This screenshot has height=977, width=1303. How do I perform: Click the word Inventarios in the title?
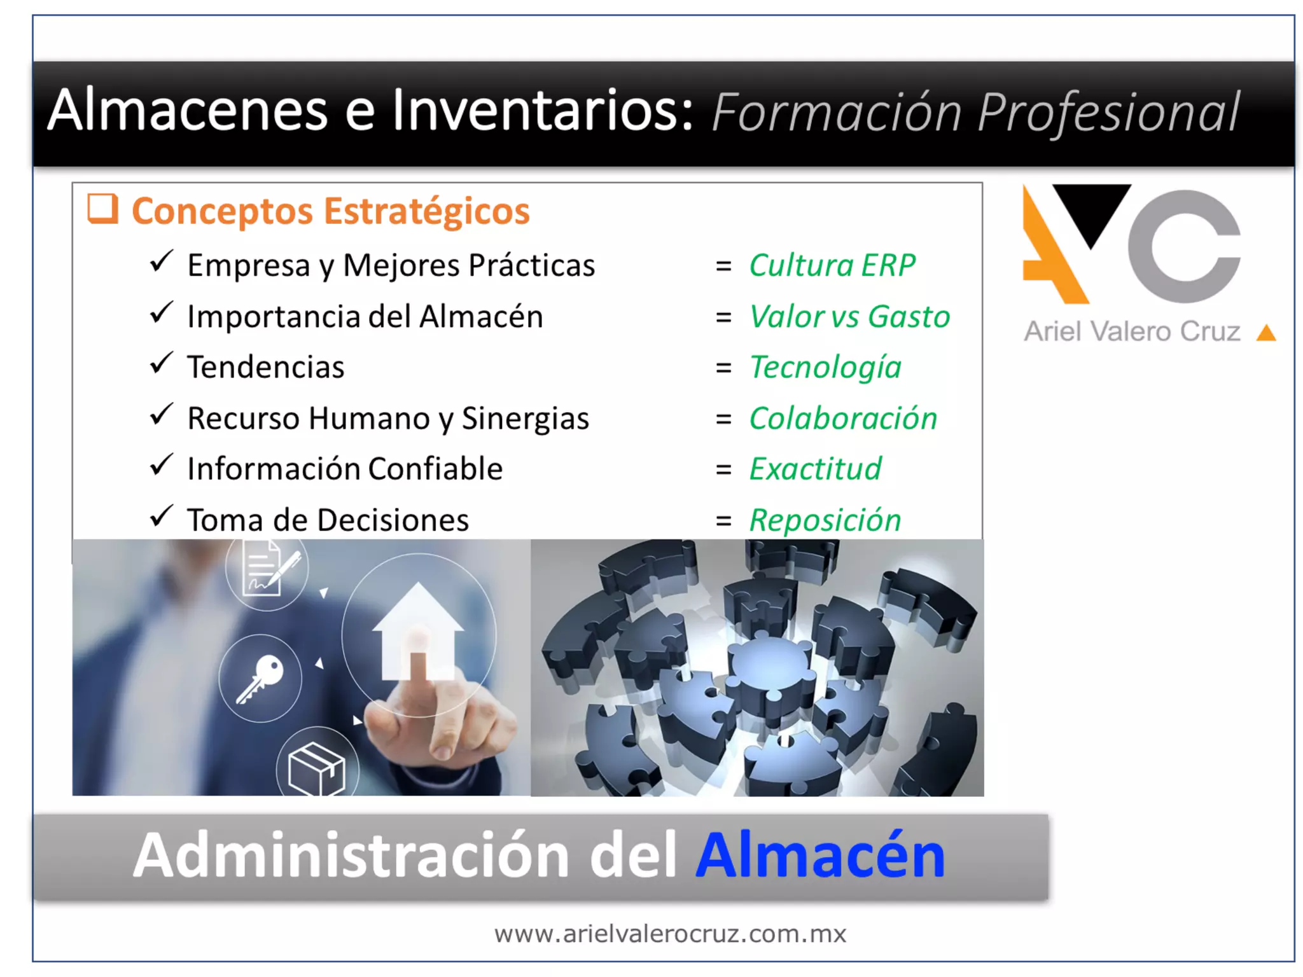(541, 111)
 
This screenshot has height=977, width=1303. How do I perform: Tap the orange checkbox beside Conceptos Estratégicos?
(102, 209)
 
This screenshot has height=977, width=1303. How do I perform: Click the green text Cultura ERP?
(832, 265)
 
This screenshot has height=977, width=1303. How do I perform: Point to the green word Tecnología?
(825, 367)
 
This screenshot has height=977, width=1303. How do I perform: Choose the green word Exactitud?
(815, 469)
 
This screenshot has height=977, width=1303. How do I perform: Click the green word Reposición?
(825, 520)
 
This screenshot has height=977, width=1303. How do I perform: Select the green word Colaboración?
(843, 418)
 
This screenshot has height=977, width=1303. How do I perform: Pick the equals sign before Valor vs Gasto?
(723, 317)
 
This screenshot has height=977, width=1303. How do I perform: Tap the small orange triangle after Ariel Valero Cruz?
(1266, 333)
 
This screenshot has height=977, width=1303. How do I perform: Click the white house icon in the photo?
(417, 630)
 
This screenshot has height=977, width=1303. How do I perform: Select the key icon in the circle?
(260, 678)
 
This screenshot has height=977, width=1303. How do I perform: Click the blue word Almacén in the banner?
(820, 856)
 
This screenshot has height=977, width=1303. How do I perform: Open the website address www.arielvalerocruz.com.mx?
(670, 934)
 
